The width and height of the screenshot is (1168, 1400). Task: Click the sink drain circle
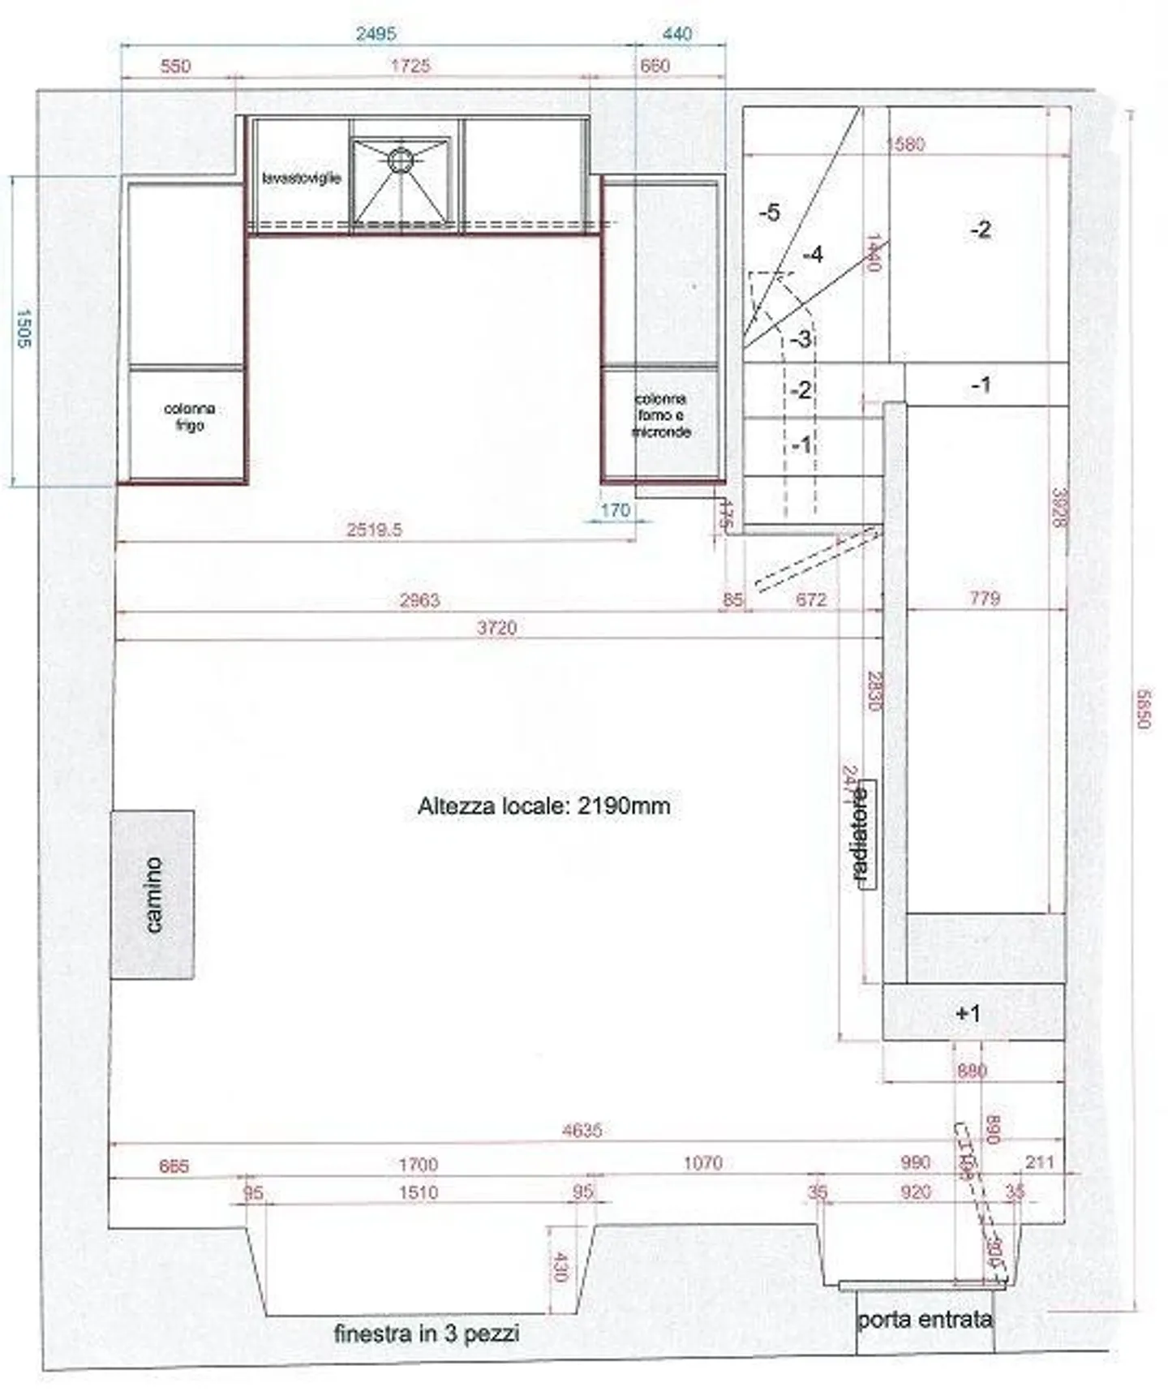(x=399, y=160)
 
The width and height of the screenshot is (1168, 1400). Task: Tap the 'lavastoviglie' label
(x=302, y=178)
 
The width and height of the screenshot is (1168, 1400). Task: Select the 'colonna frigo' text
(x=189, y=416)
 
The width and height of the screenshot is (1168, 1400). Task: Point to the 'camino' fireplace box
(x=152, y=894)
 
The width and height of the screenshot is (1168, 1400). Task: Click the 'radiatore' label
(x=861, y=835)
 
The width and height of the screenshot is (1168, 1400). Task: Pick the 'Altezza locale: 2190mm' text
(x=543, y=806)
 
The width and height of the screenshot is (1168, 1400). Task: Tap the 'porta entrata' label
(x=925, y=1320)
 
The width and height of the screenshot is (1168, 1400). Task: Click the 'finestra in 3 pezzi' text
(x=427, y=1333)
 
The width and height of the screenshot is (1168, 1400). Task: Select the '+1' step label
(x=968, y=1012)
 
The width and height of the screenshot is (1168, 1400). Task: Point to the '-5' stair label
(x=769, y=213)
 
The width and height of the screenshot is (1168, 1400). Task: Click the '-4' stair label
(x=813, y=255)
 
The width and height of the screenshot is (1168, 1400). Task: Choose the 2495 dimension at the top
(x=376, y=33)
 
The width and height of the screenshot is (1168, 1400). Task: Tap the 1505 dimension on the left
(x=23, y=329)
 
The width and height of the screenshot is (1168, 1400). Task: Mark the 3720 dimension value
(x=496, y=627)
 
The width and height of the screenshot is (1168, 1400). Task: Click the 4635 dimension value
(x=582, y=1130)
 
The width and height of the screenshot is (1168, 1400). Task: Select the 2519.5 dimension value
(x=374, y=530)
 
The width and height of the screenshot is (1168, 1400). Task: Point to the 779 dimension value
(x=985, y=599)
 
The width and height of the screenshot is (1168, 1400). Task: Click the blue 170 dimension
(x=615, y=510)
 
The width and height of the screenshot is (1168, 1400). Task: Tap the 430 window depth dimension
(x=559, y=1266)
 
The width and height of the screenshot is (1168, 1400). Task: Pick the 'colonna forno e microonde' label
(x=661, y=415)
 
